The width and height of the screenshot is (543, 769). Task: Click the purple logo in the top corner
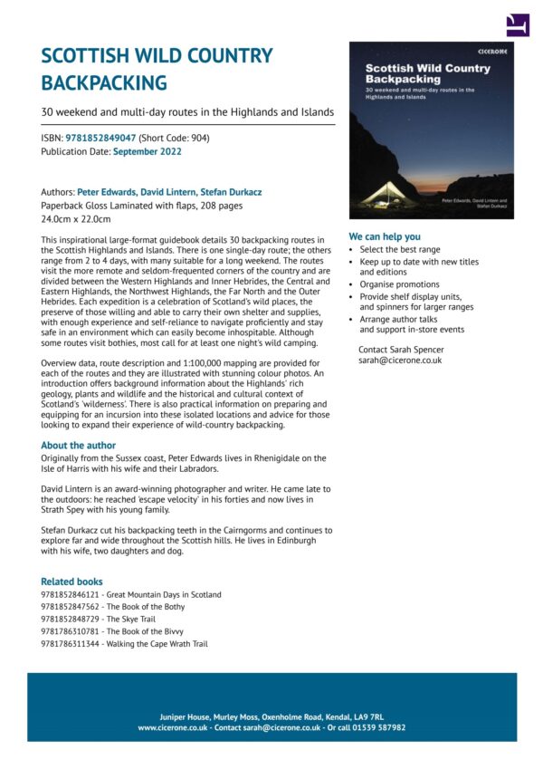tap(517, 24)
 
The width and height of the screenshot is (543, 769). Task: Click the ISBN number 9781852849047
tap(100, 138)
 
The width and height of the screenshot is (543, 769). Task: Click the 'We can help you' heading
tap(385, 236)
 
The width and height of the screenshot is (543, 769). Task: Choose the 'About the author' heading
tap(78, 445)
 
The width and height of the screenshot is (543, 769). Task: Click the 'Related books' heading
tap(71, 582)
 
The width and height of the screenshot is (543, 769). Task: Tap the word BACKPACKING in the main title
tap(104, 82)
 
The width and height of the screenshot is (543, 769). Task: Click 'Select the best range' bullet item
tap(400, 249)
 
